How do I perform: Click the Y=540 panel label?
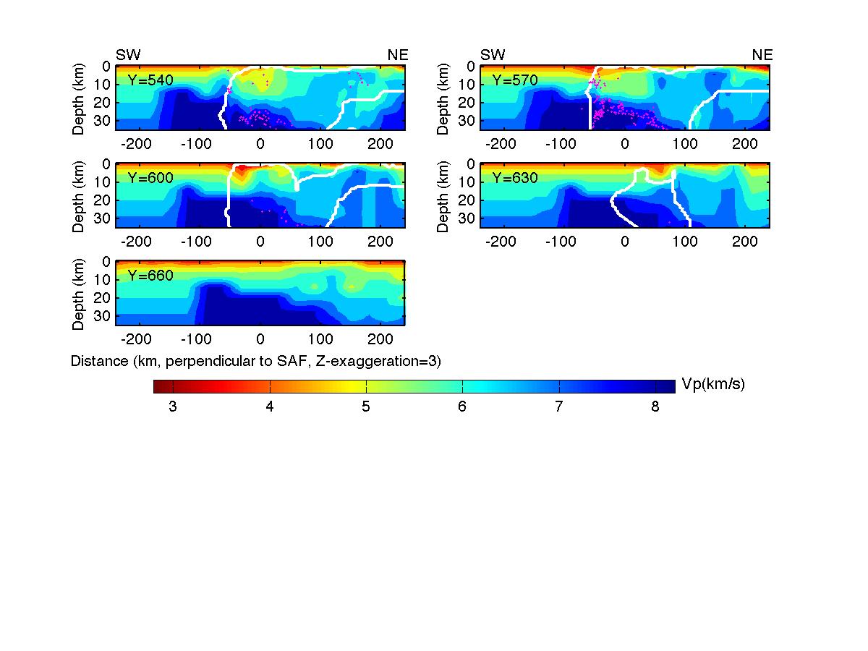(x=150, y=80)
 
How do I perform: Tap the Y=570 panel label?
(x=514, y=80)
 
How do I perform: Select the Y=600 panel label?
(x=150, y=178)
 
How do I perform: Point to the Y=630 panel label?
(x=514, y=178)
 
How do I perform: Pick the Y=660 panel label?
(x=150, y=276)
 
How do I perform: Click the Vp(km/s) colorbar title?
(x=713, y=385)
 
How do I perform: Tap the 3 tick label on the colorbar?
(x=173, y=407)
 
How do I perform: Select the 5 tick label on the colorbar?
(x=366, y=407)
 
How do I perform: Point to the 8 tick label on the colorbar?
(x=655, y=407)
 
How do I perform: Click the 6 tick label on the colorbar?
(x=462, y=407)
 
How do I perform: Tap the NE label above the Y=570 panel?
(x=762, y=55)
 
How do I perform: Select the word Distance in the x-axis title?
(x=96, y=360)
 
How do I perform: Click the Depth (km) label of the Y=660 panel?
(x=79, y=294)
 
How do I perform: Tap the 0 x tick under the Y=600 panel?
(x=260, y=241)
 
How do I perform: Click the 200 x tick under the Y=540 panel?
(x=380, y=143)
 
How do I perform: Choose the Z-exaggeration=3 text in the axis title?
(x=384, y=360)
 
